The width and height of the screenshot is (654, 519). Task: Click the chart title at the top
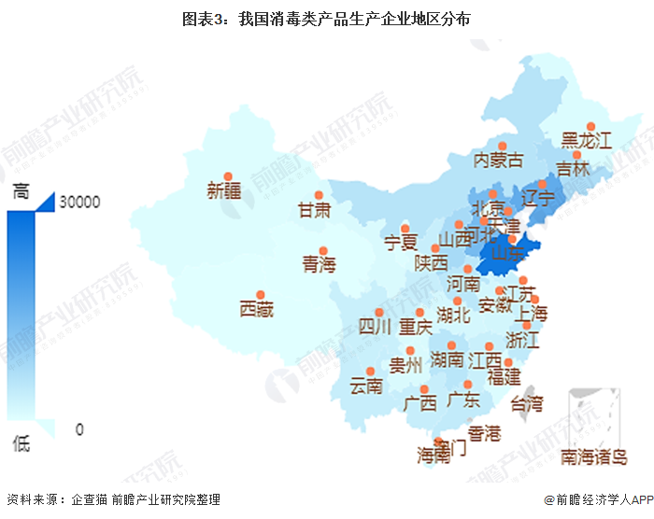(326, 18)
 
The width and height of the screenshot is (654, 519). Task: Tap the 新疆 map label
(224, 191)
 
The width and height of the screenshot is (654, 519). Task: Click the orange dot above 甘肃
(319, 195)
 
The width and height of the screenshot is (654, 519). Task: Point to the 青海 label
(318, 265)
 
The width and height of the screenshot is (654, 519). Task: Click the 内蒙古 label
(499, 160)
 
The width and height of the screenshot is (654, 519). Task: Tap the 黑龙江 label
(586, 141)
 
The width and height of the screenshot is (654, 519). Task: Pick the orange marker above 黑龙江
(590, 127)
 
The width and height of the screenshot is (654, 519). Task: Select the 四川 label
(375, 327)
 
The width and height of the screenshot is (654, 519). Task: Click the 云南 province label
(366, 385)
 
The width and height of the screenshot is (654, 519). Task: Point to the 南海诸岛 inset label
(594, 456)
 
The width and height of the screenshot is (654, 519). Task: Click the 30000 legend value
(79, 201)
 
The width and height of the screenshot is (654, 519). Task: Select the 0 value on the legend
(79, 429)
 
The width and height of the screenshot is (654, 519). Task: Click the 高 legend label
(21, 192)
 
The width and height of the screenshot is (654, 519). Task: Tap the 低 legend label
(21, 443)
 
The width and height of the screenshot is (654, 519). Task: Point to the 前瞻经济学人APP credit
(588, 500)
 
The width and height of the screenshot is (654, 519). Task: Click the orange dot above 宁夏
(405, 228)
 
